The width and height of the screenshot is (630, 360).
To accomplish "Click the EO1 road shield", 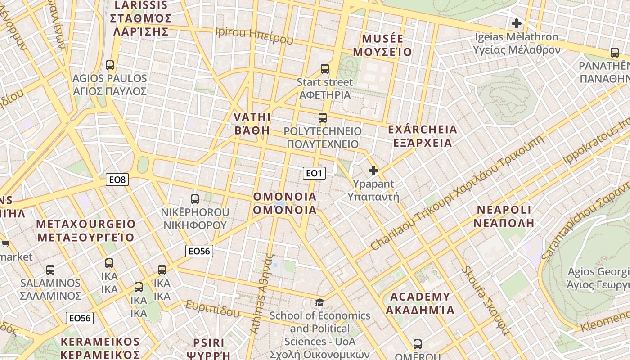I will click(314, 173).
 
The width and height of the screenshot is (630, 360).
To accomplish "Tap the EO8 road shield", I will click(117, 180).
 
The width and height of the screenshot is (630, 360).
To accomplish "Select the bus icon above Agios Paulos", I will click(110, 65).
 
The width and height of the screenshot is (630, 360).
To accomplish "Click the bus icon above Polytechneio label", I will click(323, 118).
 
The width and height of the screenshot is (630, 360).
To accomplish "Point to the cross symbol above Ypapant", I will click(373, 171).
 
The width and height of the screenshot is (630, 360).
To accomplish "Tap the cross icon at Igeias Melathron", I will click(517, 23).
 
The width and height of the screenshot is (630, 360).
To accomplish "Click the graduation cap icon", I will click(319, 302).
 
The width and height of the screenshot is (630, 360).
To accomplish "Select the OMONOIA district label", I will click(285, 203).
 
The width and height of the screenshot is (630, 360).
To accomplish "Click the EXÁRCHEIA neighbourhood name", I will click(422, 136).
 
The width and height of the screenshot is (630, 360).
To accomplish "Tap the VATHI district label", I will click(252, 124).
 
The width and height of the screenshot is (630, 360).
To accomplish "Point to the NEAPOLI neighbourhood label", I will click(505, 216).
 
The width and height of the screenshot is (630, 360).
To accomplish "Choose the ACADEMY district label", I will click(420, 303).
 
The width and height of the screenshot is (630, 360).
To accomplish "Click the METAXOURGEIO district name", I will click(85, 230).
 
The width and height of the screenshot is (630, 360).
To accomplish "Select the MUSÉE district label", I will click(382, 45).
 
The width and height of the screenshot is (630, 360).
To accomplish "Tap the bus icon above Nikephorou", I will click(195, 199).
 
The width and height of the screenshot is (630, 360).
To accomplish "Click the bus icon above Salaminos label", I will click(50, 270).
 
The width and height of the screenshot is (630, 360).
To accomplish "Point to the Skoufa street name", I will click(486, 301).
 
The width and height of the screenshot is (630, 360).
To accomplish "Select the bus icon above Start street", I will click(325, 69).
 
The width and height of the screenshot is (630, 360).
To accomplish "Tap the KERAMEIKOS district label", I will click(100, 347).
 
